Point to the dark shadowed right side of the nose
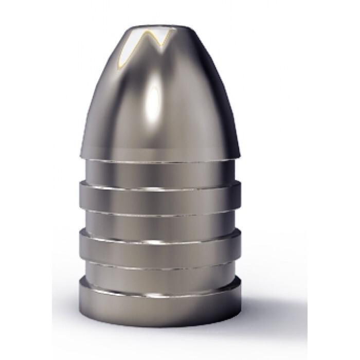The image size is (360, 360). [x=211, y=113]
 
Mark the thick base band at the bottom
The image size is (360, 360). [x=159, y=298]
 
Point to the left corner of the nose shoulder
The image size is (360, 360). [x=82, y=153]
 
